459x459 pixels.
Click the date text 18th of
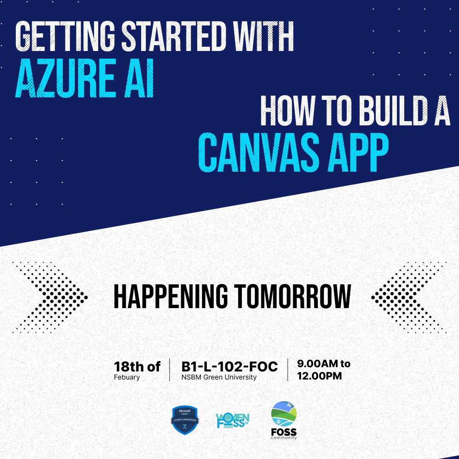tap(137, 366)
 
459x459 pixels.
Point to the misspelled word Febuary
tap(127, 377)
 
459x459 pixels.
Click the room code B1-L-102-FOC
tap(229, 366)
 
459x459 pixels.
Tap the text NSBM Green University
tap(219, 377)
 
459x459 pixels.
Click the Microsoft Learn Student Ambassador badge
tap(185, 420)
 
